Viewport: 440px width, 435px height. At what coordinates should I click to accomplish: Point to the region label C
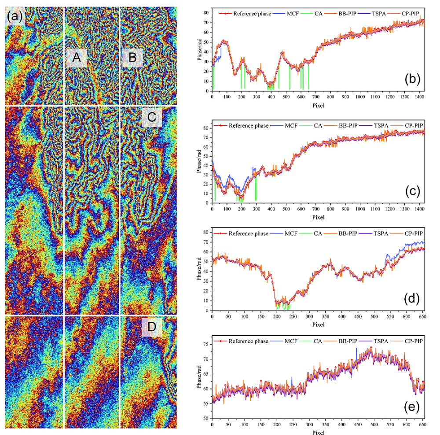(152, 118)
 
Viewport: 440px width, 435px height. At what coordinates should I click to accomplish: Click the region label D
(152, 328)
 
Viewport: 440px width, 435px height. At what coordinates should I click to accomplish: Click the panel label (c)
(413, 191)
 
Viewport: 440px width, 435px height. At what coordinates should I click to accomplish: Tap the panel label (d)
(413, 299)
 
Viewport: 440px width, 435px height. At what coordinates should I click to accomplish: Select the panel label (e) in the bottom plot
(413, 407)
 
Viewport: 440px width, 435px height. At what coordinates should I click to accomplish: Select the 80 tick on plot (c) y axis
(207, 128)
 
